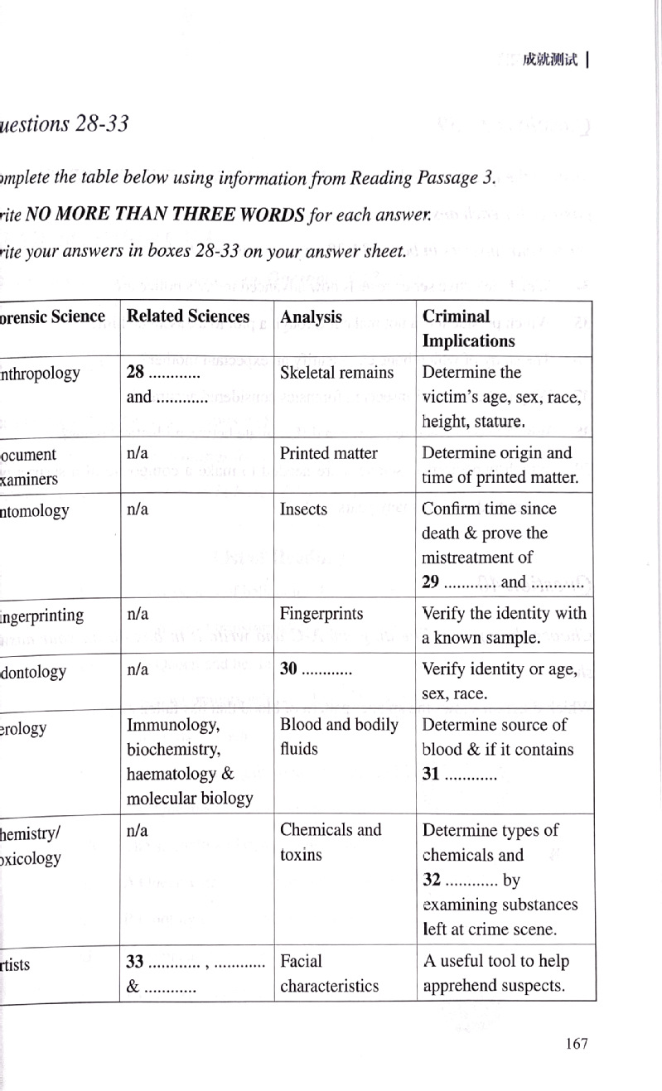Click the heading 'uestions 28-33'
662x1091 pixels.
[x=64, y=124]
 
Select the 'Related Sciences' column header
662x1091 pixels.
[x=187, y=316]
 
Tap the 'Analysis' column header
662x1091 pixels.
[x=311, y=317]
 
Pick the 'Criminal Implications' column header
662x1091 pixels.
[x=468, y=329]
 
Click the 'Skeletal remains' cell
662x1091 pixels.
[x=336, y=373]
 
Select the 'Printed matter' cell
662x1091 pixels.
[x=328, y=453]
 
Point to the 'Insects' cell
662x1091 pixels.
[x=303, y=509]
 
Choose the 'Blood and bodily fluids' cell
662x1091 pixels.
[x=339, y=736]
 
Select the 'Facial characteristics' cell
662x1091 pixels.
[x=329, y=973]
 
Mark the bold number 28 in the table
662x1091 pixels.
[x=136, y=373]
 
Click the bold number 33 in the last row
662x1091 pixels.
[x=136, y=962]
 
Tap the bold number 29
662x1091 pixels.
[x=432, y=582]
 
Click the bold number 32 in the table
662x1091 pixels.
[x=432, y=880]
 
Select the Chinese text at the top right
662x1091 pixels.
[x=549, y=60]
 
